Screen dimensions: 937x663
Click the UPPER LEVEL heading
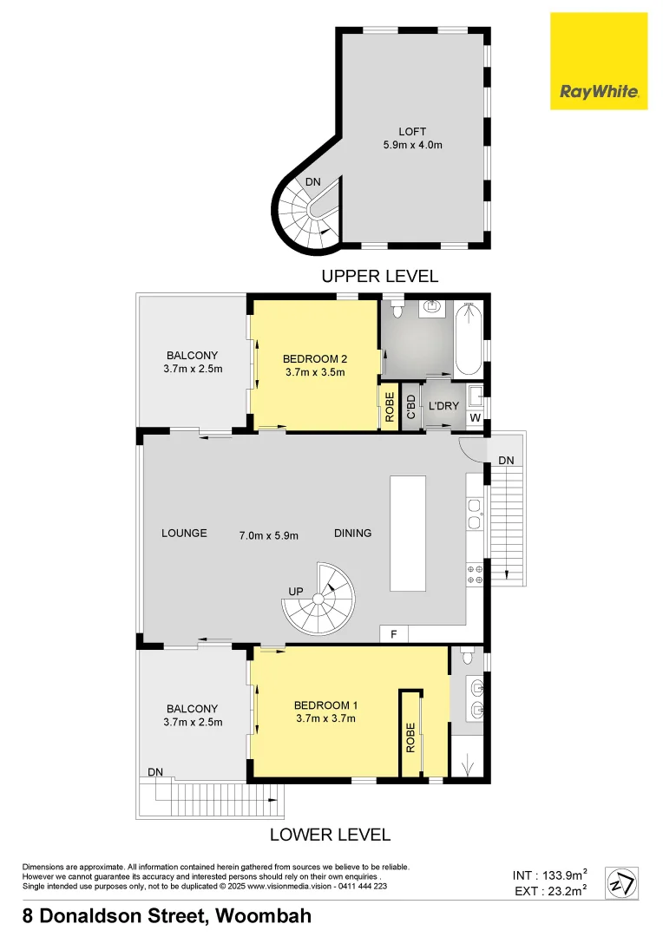pos(379,277)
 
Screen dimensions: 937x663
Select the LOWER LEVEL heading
pos(330,835)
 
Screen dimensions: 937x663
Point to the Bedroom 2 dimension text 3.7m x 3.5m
pos(314,373)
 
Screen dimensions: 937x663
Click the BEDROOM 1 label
pos(325,704)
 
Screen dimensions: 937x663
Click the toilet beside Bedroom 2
pos(397,311)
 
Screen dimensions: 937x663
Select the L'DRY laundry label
pos(443,405)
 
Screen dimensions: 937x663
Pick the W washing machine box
pos(475,419)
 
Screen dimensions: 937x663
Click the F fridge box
pos(393,634)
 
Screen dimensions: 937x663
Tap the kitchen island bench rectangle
pos(408,533)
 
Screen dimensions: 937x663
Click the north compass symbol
pos(620,883)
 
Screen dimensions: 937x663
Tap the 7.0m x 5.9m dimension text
pos(268,534)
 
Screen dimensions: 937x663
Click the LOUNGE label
pos(184,533)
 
